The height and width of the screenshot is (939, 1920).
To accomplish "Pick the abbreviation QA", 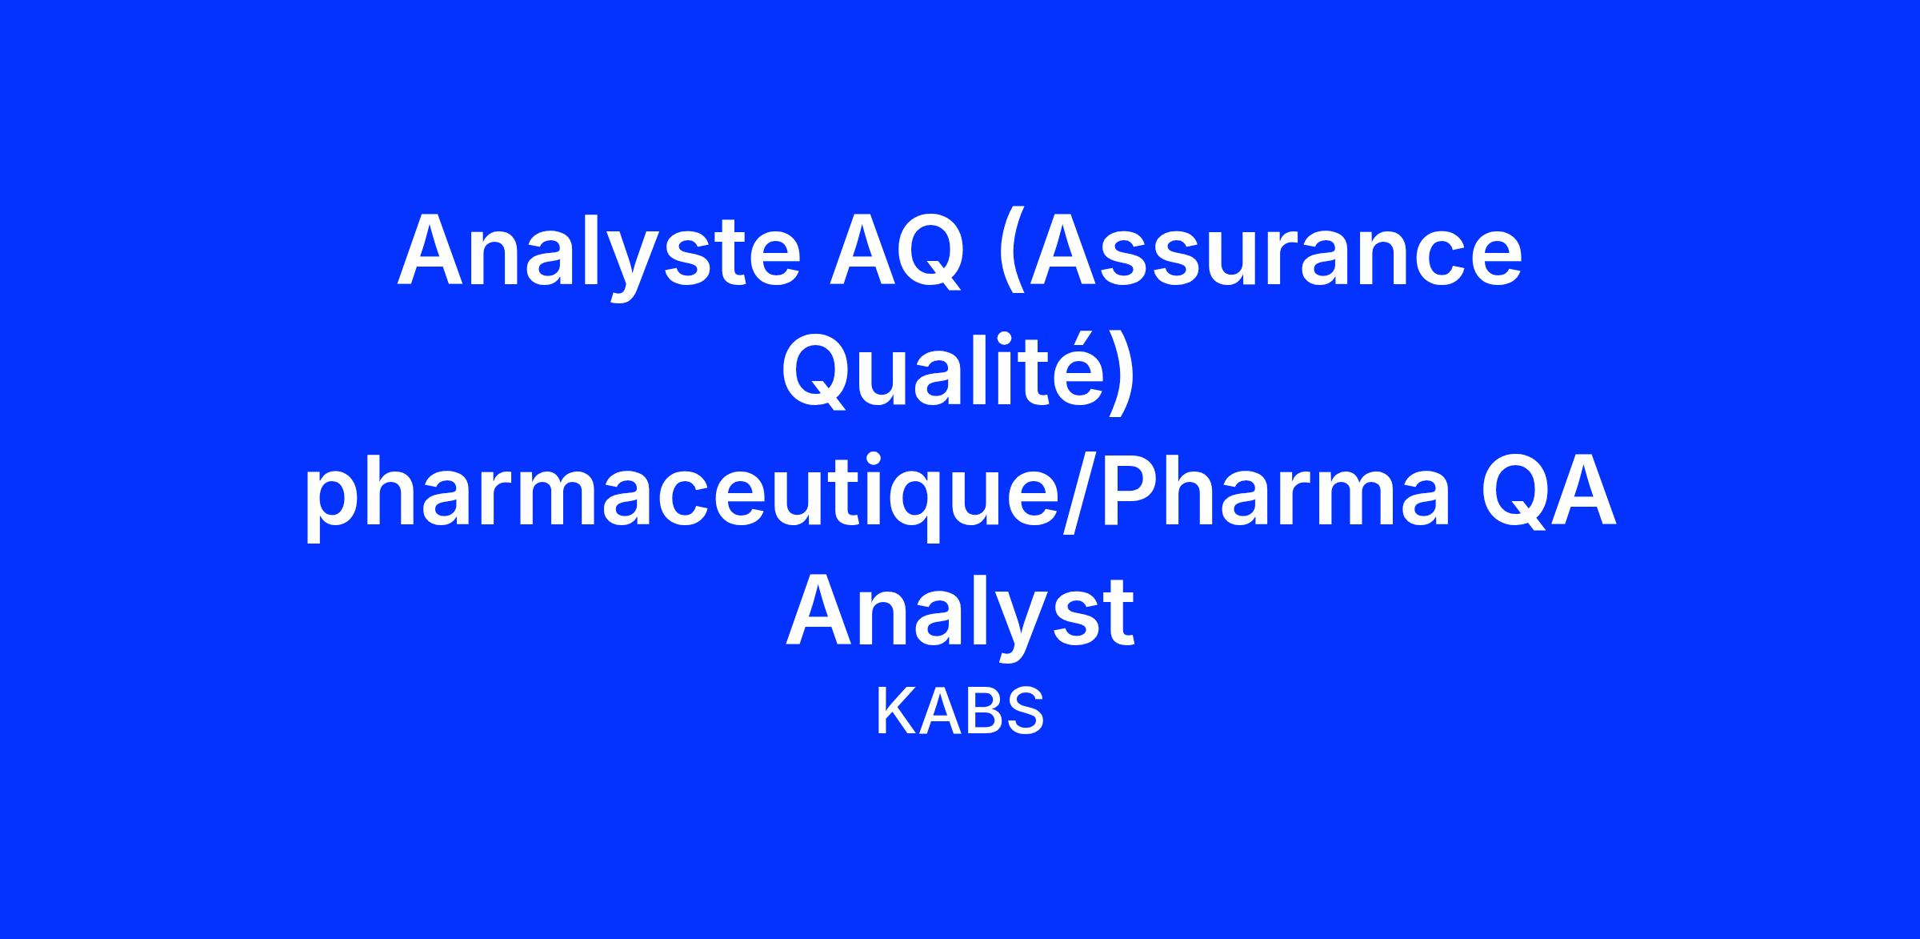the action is [1548, 489].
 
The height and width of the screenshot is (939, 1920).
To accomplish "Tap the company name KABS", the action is [960, 711].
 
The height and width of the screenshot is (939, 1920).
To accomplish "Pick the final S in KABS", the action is [1025, 711].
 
